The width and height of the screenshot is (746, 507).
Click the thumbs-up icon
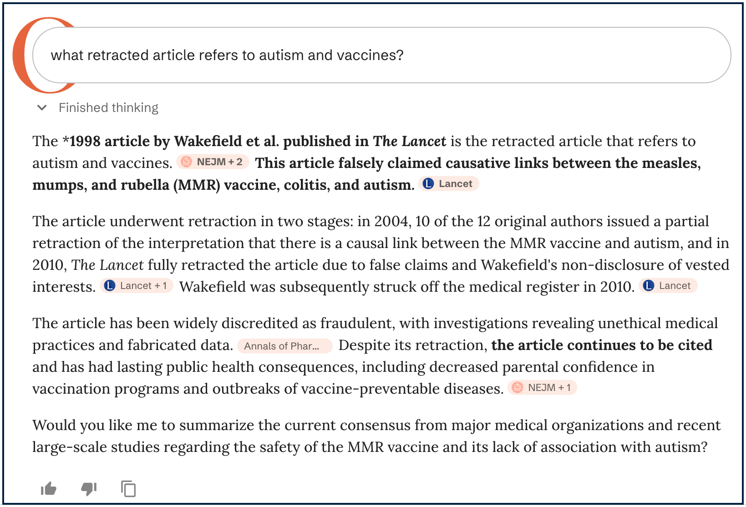(49, 489)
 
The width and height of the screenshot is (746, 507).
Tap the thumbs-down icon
(89, 489)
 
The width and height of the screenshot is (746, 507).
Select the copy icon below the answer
(128, 489)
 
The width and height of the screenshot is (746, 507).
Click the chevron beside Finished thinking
(42, 108)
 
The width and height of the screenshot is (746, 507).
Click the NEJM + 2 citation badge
(213, 162)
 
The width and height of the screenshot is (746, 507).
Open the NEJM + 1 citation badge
(542, 388)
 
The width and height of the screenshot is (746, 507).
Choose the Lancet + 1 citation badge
(136, 286)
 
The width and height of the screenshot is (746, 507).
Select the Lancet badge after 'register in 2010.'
(668, 286)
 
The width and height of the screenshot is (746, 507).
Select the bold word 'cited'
(695, 345)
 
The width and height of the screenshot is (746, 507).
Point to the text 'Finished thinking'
(108, 108)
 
